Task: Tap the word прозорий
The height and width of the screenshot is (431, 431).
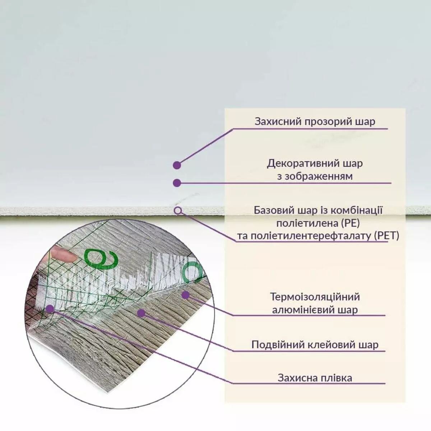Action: pos(328,122)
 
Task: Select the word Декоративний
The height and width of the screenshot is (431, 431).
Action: pos(303,163)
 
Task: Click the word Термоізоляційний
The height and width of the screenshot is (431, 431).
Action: pos(315,297)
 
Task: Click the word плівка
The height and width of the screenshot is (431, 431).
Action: pos(337,378)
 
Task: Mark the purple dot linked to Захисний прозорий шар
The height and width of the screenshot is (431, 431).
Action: pos(177,165)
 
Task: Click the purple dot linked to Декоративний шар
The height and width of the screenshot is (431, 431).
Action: pos(177,183)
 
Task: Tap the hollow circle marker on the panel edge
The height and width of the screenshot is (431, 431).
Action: pos(178,210)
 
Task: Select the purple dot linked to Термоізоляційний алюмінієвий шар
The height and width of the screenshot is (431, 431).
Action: pos(185,295)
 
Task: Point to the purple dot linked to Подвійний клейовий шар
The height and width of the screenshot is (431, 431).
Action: pos(141,313)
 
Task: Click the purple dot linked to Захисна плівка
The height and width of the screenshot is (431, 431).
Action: pos(51,309)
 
